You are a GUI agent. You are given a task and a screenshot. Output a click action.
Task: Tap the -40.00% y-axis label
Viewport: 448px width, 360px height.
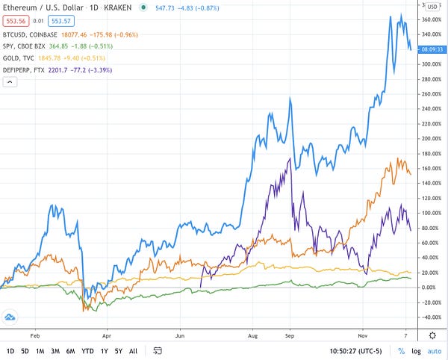[x=431, y=317]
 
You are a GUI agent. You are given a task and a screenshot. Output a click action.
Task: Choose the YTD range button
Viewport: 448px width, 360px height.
[x=89, y=350]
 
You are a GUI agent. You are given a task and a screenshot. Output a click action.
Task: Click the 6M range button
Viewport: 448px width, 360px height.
[x=70, y=350]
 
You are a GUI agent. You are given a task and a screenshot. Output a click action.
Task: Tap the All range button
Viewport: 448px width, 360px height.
[x=133, y=350]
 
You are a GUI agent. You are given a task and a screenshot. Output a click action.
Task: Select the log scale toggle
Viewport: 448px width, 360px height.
[x=417, y=350]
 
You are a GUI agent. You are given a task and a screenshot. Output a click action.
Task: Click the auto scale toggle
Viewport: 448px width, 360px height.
[x=435, y=350]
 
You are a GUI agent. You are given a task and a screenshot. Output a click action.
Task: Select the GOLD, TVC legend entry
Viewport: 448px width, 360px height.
[x=19, y=58]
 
